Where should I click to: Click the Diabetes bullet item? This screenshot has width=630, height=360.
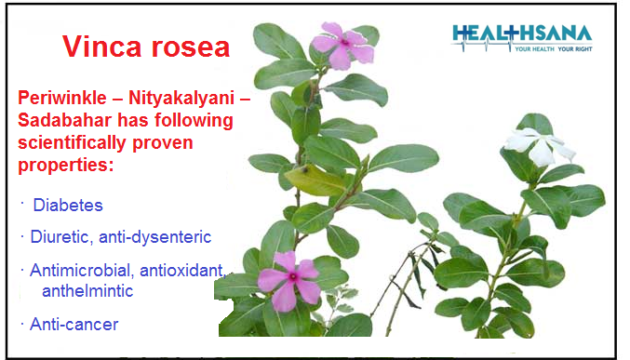click(x=68, y=206)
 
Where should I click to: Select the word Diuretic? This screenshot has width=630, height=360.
click(x=60, y=238)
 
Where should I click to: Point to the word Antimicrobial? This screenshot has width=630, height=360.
click(x=78, y=271)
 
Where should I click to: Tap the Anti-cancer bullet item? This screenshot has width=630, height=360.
click(x=74, y=325)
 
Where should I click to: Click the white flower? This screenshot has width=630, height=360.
click(x=539, y=146)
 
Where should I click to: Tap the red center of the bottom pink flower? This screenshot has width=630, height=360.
click(x=291, y=276)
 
